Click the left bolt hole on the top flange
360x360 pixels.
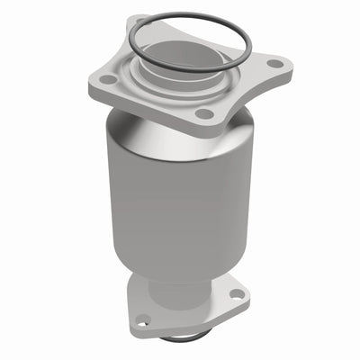point(108,80)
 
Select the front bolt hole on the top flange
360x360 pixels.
point(205,113)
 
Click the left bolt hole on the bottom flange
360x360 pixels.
point(142,319)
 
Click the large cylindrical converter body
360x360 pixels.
point(180,198)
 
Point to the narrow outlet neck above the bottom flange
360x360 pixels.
point(180,286)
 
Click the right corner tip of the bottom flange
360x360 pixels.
point(247,292)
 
